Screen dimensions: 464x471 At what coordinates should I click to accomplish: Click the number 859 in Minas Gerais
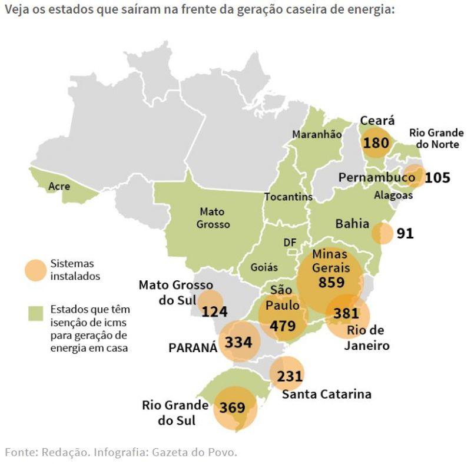point(331,283)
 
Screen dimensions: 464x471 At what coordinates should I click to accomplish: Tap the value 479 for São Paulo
point(283,325)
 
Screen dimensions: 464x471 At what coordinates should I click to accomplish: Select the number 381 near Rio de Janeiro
point(346,313)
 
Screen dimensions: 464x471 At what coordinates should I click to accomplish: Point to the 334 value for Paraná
point(238,342)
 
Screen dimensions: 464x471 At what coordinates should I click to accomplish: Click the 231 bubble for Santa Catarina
point(289,376)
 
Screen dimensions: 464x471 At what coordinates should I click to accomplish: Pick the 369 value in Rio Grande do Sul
point(233,407)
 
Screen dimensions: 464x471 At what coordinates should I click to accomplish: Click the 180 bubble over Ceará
point(376,143)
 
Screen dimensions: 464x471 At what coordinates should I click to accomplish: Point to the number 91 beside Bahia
point(405,233)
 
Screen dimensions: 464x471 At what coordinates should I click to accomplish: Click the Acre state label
point(59,186)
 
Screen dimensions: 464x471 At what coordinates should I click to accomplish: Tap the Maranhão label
point(317,135)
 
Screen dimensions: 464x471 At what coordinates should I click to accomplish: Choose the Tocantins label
point(288,197)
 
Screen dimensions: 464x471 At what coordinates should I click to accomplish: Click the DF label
point(290,243)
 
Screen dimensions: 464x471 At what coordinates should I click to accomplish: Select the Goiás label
point(264,267)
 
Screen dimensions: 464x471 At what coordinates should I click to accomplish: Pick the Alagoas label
point(393,195)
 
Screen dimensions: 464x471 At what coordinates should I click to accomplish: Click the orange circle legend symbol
point(35,270)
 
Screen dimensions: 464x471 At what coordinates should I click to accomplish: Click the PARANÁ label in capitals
point(193,347)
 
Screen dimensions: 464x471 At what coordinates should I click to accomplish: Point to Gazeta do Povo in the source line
point(195,452)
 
